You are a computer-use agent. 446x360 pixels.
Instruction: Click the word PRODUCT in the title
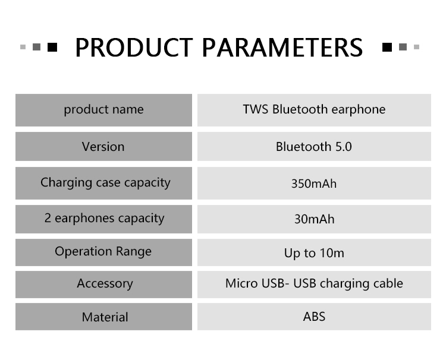pos(134,48)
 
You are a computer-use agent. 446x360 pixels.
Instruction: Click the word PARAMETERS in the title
pos(282,48)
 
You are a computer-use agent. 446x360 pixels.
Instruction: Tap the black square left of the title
pos(52,47)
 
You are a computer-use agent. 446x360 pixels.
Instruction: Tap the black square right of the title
pos(387,47)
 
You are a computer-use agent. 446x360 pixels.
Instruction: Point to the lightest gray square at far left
pos(23,47)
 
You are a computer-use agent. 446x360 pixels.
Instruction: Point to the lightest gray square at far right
pos(416,47)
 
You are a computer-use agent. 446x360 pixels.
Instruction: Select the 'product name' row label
pos(103,110)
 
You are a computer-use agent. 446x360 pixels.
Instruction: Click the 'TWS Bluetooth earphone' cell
pos(314,110)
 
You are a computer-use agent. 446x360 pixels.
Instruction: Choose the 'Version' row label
pos(103,147)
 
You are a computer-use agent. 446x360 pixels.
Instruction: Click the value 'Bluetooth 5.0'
pos(314,147)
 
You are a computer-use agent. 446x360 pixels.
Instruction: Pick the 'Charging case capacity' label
pos(105,183)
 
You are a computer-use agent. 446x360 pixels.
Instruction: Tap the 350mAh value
pos(314,184)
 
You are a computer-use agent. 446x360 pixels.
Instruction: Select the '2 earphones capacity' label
pos(104,219)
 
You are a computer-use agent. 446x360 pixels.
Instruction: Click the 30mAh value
pos(314,219)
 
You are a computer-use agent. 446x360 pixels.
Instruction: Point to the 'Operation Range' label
pos(103,252)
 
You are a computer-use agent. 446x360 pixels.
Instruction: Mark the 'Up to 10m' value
pos(314,253)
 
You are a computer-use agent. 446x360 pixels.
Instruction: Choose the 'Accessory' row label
pos(105,283)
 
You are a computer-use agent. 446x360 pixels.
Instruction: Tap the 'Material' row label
pos(105,317)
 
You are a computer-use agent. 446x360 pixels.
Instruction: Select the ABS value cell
pos(314,317)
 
